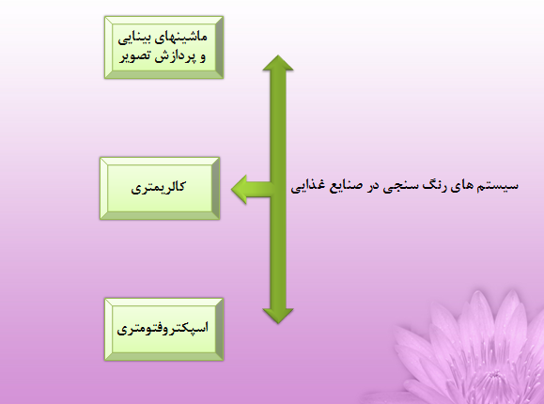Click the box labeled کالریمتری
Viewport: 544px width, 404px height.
[x=160, y=189]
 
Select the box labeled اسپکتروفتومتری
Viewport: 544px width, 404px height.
[x=163, y=329]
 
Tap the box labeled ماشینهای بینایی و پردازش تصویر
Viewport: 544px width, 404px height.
[x=163, y=47]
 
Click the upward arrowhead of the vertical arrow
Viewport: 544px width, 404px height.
[x=278, y=63]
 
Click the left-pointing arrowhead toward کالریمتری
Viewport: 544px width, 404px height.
[x=240, y=189]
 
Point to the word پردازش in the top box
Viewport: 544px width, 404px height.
[x=174, y=56]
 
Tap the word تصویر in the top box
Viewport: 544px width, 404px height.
[x=135, y=56]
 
